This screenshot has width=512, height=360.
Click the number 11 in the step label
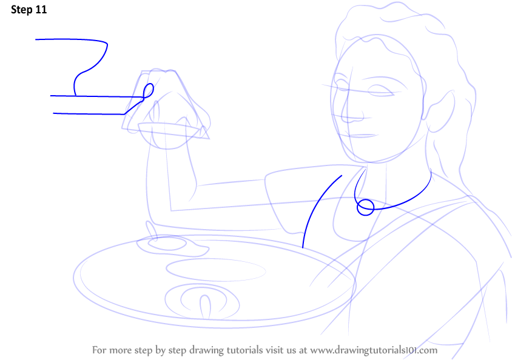click(41, 10)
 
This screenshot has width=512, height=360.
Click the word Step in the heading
click(22, 10)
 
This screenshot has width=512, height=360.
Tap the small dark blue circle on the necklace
click(365, 207)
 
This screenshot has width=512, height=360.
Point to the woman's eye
click(381, 91)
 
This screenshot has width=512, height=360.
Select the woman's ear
click(439, 112)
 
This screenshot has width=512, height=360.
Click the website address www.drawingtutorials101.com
click(374, 350)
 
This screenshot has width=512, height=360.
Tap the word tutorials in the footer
click(244, 350)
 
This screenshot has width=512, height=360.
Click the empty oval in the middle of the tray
click(216, 270)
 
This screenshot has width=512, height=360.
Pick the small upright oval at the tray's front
click(205, 307)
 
